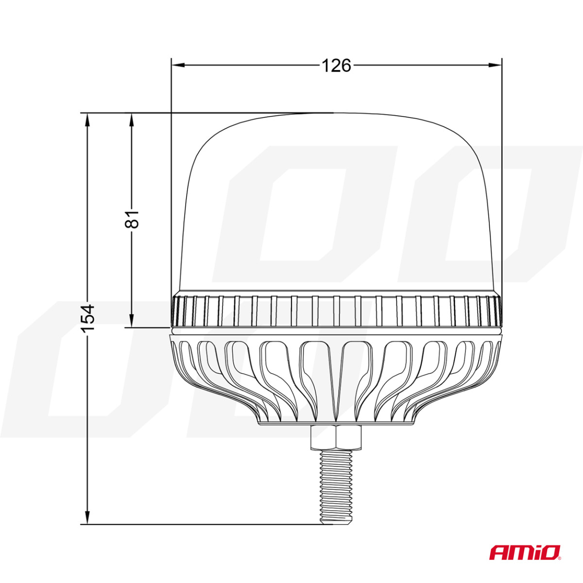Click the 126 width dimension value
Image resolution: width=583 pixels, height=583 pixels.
pos(336,65)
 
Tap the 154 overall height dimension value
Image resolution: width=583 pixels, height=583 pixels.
pos(87,318)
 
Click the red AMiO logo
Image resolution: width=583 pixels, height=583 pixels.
pos(525,552)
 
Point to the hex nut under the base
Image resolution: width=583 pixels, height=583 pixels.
pos(335,438)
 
